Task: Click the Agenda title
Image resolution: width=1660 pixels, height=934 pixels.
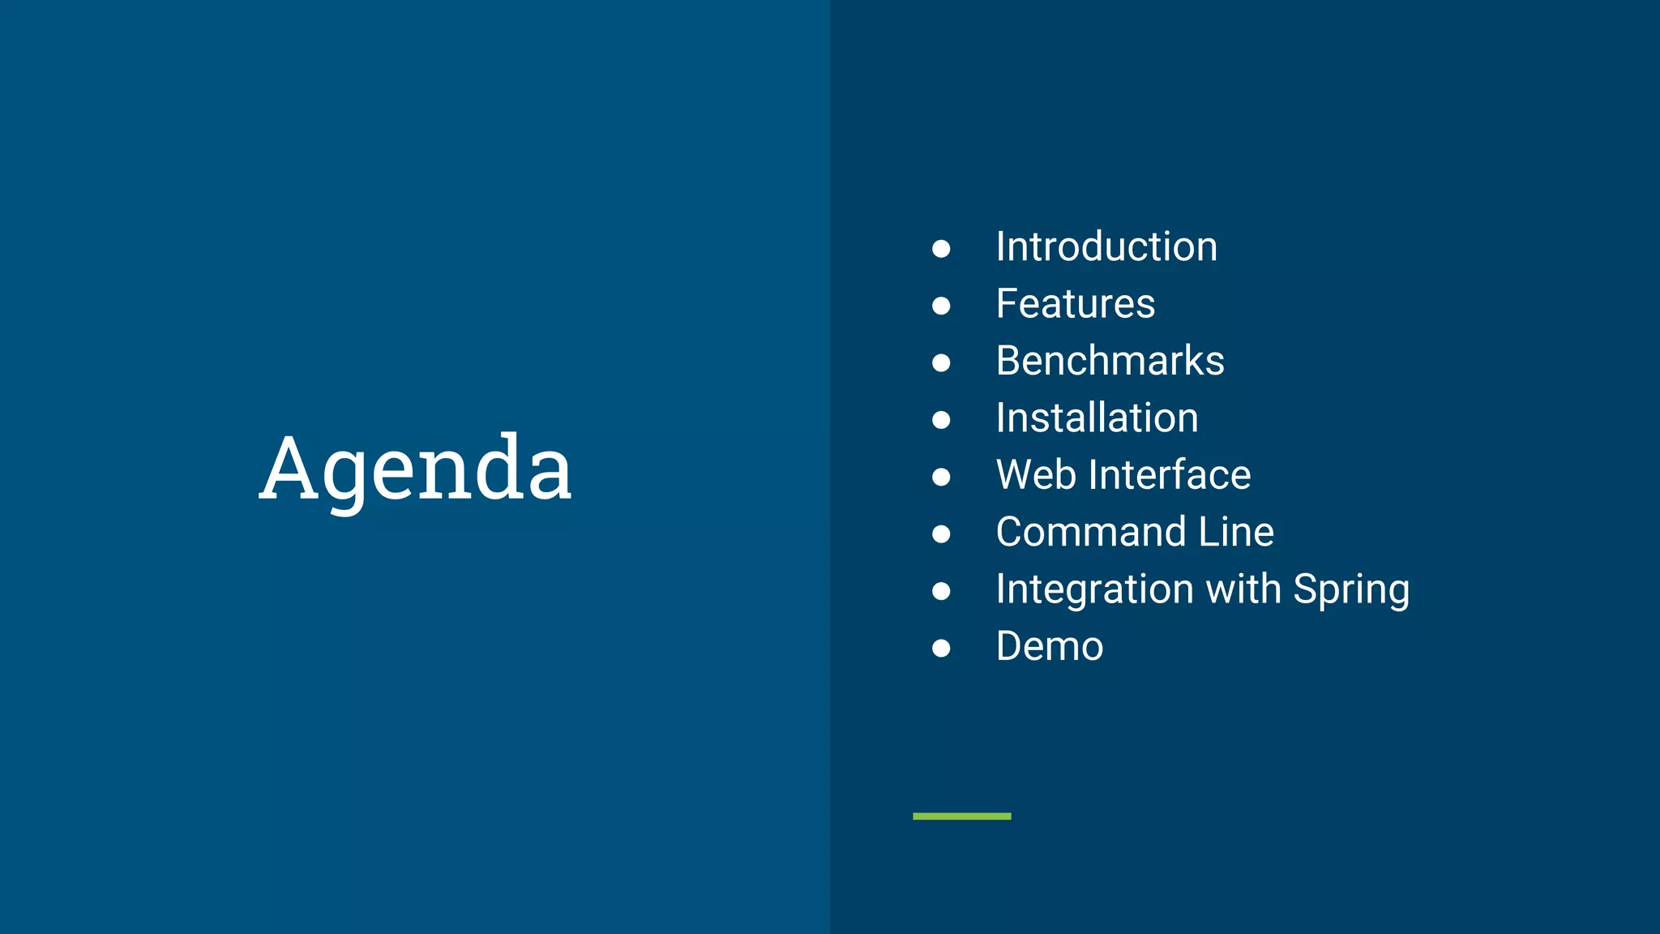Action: point(415,469)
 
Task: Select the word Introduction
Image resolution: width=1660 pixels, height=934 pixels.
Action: point(1106,246)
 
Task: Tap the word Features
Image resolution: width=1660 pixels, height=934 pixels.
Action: point(1075,304)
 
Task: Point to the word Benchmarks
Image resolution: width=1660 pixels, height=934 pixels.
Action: point(1110,361)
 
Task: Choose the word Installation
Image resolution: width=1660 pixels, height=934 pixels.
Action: point(1097,418)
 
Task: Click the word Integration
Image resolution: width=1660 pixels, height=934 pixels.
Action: point(1094,589)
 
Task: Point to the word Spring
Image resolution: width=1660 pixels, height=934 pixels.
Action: point(1351,589)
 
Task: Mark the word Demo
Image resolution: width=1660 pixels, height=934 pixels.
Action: point(1050,647)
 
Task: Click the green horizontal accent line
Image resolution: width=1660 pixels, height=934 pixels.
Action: point(961,816)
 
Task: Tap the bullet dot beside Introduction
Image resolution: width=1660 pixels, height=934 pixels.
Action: point(941,248)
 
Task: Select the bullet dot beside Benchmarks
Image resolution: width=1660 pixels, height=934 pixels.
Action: point(941,362)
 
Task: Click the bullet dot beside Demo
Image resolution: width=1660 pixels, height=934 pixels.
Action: point(941,648)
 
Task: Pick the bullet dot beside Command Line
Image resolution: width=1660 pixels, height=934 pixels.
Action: point(941,533)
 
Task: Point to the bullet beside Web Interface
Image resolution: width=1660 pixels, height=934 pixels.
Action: point(941,477)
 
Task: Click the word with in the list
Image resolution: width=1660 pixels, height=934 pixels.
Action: point(1243,589)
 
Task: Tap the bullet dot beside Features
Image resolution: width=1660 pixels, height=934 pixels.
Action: point(941,306)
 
